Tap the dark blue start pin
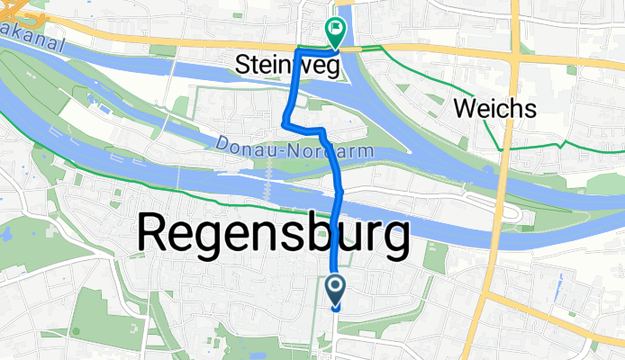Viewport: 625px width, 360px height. click(335, 289)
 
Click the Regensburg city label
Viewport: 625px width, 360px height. click(272, 235)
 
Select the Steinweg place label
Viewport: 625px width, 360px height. click(291, 66)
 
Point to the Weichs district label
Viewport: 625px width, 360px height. click(495, 110)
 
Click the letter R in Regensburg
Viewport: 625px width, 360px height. click(156, 235)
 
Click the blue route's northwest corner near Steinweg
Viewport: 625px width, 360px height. click(297, 50)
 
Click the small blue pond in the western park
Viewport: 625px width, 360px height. click(7, 233)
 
